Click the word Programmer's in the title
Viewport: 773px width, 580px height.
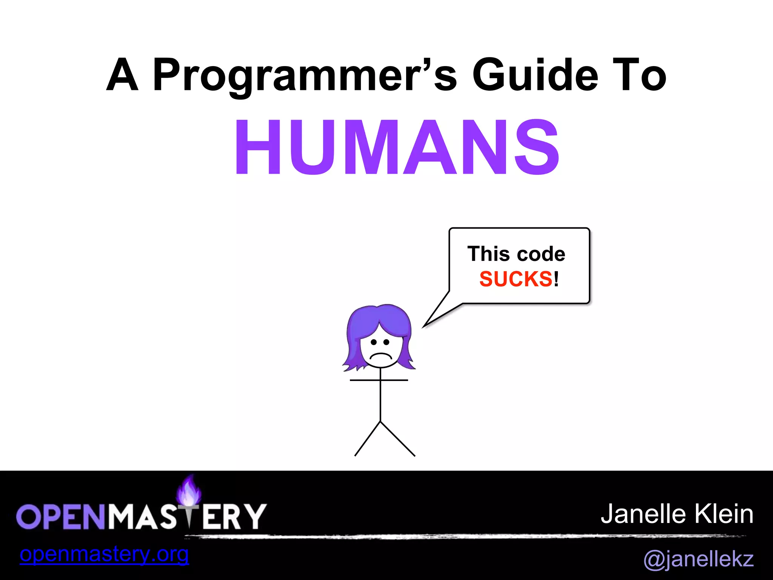pos(305,76)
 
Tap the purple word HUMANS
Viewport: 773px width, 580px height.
pos(397,147)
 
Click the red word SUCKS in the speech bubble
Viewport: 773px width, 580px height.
pos(516,279)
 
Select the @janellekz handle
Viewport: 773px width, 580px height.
pos(698,558)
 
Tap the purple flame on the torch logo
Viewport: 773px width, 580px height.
pos(189,490)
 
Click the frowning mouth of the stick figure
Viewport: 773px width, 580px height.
pos(380,356)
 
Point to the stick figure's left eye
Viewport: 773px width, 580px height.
pos(374,342)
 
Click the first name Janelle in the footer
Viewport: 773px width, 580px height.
pos(643,514)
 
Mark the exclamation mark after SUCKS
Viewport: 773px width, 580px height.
pos(556,279)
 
